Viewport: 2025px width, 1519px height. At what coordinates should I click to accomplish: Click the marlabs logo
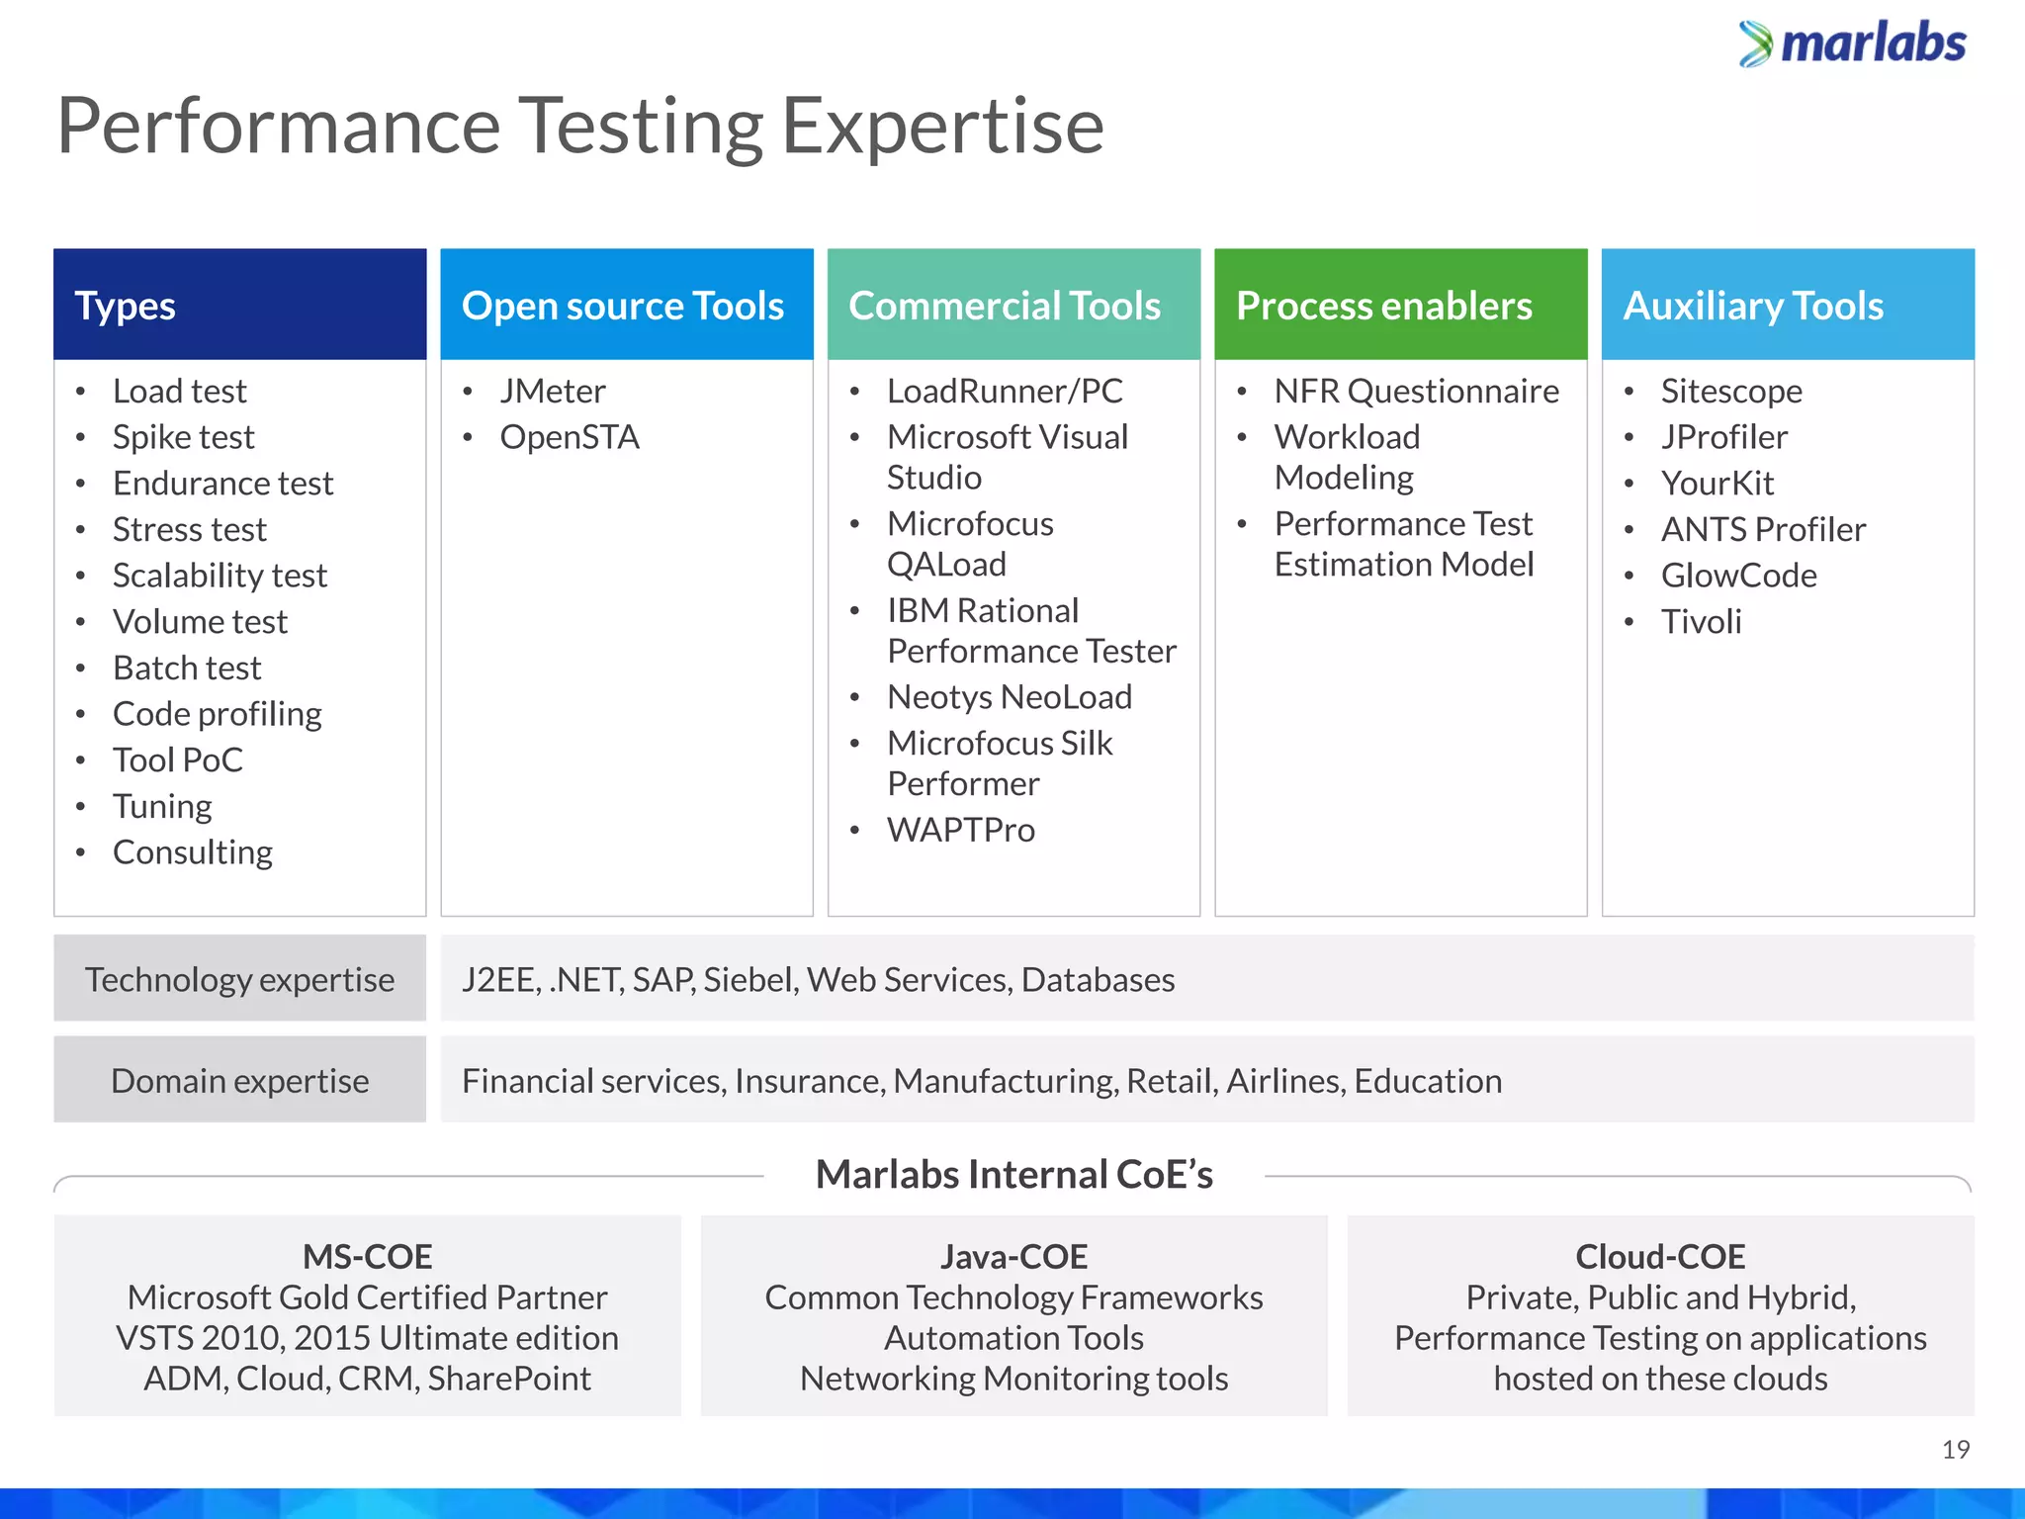coord(1853,45)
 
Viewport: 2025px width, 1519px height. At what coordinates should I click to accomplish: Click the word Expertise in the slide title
coord(941,127)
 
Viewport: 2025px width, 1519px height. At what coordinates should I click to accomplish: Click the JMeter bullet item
coord(552,392)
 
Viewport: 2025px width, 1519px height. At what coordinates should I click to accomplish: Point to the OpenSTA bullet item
coord(570,437)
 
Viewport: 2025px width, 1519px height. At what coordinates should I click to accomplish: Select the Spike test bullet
coord(183,437)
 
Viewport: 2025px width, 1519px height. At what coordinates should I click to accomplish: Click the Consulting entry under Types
coord(192,852)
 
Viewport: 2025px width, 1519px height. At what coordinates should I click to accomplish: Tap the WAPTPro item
coord(960,830)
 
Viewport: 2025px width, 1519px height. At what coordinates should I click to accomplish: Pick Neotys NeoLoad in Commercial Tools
coord(1009,697)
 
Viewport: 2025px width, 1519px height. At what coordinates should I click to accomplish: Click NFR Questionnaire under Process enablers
coord(1416,392)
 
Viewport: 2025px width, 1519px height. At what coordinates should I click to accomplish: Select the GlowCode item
coord(1738,576)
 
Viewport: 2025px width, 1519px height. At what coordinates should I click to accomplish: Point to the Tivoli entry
coord(1701,622)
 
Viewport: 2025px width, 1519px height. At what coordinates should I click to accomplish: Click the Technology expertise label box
coord(239,979)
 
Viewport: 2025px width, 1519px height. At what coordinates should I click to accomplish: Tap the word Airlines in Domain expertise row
coord(1284,1081)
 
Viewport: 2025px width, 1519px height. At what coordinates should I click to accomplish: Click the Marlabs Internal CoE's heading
coord(1013,1175)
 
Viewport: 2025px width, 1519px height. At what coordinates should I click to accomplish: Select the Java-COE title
coord(1013,1257)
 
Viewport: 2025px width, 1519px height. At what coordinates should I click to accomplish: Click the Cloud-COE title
coord(1660,1257)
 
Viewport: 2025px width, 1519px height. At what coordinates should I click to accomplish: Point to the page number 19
coord(1955,1450)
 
